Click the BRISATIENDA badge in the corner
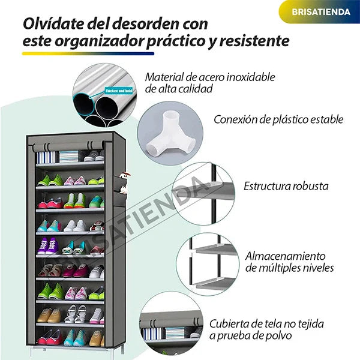(x=320, y=12)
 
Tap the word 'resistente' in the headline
(x=254, y=41)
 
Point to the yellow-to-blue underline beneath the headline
(x=88, y=54)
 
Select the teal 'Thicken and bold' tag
(x=119, y=91)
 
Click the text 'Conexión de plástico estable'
(x=278, y=119)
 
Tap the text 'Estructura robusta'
(x=286, y=186)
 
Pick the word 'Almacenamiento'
(x=286, y=256)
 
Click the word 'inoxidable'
(x=251, y=77)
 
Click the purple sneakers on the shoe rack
(x=48, y=246)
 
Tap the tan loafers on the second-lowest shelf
(x=49, y=316)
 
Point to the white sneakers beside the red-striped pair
(x=75, y=226)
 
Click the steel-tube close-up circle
(x=105, y=95)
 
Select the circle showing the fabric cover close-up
(x=171, y=324)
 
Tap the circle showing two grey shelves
(x=208, y=264)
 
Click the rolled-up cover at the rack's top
(x=68, y=146)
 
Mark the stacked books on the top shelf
(x=68, y=157)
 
